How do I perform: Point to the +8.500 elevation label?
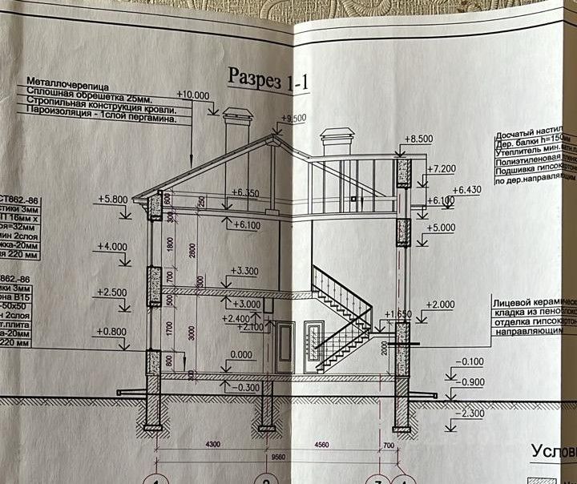coord(418,139)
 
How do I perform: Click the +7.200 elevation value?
coord(442,169)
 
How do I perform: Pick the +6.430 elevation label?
coord(467,190)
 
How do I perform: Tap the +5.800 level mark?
coord(114,199)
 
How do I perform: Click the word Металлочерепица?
coord(68,83)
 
